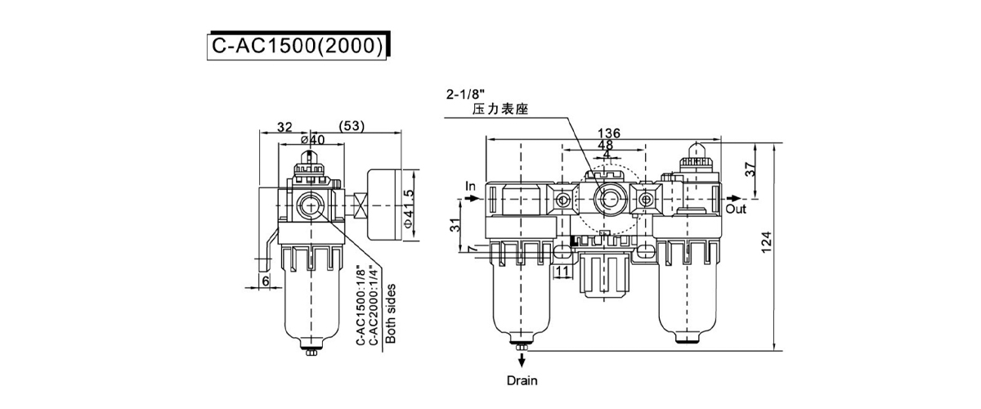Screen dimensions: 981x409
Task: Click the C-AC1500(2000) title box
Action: pos(298,46)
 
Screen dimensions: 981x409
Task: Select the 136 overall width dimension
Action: pos(609,133)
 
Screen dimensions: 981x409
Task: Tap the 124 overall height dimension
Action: pos(765,242)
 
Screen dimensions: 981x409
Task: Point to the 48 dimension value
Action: pos(605,145)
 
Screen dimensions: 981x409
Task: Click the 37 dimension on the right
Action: pos(750,169)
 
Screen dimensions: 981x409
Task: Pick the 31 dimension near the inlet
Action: pos(456,225)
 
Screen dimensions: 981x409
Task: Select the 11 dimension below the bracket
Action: pos(562,272)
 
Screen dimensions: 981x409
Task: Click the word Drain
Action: pos(522,380)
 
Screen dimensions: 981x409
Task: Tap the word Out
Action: pos(736,209)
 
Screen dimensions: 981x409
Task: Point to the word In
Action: pos(470,187)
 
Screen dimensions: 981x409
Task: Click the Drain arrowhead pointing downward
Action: pos(522,362)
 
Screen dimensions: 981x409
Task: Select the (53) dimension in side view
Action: pos(352,126)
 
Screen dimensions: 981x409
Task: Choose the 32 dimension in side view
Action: pos(284,127)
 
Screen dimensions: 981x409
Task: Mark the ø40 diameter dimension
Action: pos(313,139)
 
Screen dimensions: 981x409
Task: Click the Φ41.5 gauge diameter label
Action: pos(408,209)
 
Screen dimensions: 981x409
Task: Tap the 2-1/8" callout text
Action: pos(466,94)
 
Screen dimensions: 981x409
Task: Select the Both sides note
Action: pos(391,313)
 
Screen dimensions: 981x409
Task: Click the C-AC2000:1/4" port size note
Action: pos(374,306)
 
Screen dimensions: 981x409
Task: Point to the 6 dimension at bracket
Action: pos(266,281)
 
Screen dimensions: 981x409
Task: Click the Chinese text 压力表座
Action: pos(500,109)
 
